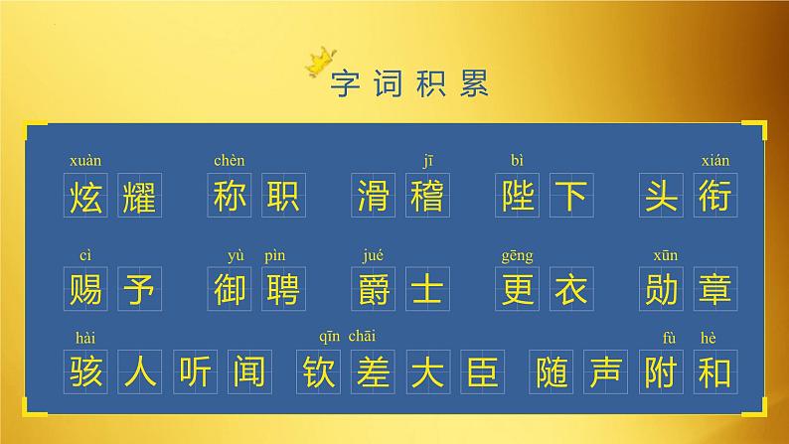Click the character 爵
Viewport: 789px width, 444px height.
(x=373, y=289)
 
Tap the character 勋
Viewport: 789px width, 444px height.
(x=661, y=289)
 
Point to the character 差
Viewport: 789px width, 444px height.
(x=373, y=371)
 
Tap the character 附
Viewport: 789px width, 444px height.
(x=661, y=371)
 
